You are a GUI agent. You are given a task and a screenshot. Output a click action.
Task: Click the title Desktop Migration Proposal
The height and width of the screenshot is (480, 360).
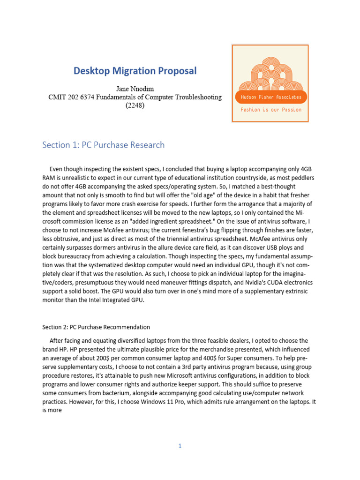point(135,71)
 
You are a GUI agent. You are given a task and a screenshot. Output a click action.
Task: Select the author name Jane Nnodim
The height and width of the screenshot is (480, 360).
point(135,89)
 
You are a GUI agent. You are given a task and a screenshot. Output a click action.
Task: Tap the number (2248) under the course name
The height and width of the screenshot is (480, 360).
point(135,105)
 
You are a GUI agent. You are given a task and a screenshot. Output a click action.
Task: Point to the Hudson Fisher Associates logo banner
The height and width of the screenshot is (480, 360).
point(270,97)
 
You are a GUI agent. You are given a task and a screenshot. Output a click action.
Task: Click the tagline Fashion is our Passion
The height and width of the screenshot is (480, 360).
point(270,110)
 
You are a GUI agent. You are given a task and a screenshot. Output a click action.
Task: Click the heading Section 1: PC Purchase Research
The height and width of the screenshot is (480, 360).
point(103,145)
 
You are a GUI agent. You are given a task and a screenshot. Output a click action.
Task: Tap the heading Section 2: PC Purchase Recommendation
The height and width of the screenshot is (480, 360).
point(96,327)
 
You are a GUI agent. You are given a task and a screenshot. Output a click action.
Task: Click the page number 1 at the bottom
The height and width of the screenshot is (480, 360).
point(180,446)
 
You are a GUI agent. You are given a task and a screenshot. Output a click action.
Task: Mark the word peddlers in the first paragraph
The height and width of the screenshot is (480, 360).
point(299,179)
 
